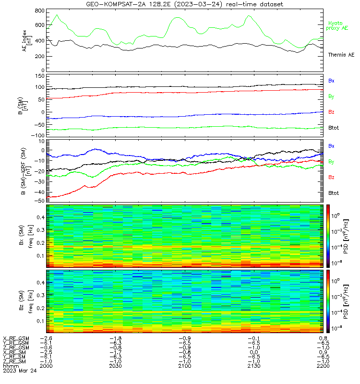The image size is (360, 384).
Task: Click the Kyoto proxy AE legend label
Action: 337,26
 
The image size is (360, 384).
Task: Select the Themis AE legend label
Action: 341,55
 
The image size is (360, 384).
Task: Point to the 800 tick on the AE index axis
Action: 40,11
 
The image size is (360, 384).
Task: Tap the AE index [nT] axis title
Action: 27,41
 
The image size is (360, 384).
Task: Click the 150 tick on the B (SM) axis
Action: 40,76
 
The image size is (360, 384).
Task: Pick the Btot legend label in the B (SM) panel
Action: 334,128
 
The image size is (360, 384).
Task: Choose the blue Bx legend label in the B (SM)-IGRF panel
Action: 331,146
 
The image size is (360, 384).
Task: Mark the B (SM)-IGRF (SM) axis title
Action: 26,171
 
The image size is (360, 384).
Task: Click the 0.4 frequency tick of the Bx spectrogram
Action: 40,217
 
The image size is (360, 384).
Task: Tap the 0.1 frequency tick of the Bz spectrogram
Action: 40,321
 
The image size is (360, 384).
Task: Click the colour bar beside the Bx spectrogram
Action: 328,236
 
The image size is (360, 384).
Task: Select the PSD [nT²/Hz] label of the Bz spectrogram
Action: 346,301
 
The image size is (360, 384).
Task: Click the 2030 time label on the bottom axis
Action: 115,366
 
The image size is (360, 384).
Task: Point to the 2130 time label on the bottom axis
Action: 254,366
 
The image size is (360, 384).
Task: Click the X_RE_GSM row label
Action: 16,338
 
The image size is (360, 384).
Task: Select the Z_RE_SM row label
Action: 14,361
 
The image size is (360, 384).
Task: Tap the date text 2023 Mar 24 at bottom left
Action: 20,371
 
